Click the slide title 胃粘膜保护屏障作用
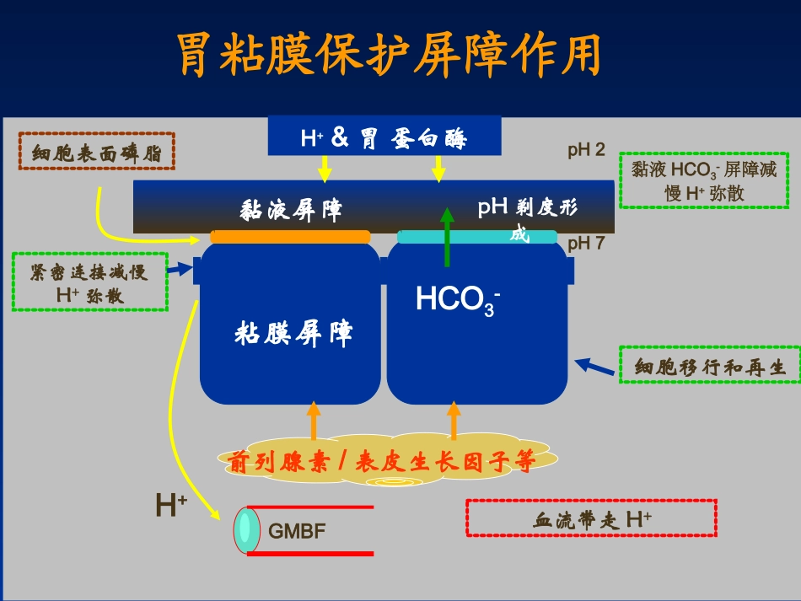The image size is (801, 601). pyautogui.click(x=390, y=56)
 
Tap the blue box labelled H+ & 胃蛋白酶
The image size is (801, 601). pyautogui.click(x=384, y=137)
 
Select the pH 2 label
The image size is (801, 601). pyautogui.click(x=586, y=151)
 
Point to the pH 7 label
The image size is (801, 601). pyautogui.click(x=586, y=244)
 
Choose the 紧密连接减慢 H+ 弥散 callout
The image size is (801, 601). pyautogui.click(x=89, y=282)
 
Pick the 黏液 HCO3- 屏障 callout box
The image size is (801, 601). pyautogui.click(x=704, y=180)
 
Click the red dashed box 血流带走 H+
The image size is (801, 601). pyautogui.click(x=591, y=518)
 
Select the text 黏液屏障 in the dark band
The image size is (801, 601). pyautogui.click(x=291, y=209)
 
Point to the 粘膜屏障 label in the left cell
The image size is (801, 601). pyautogui.click(x=293, y=334)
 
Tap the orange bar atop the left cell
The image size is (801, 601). pyautogui.click(x=290, y=237)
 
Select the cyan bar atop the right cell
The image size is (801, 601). pyautogui.click(x=476, y=237)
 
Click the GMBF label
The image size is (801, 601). pyautogui.click(x=297, y=531)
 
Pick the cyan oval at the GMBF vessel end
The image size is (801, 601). pyautogui.click(x=245, y=530)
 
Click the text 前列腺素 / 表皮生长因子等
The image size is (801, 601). pyautogui.click(x=381, y=461)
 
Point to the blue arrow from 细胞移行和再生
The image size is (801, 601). pyautogui.click(x=594, y=367)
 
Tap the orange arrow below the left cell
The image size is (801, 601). pyautogui.click(x=314, y=421)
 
